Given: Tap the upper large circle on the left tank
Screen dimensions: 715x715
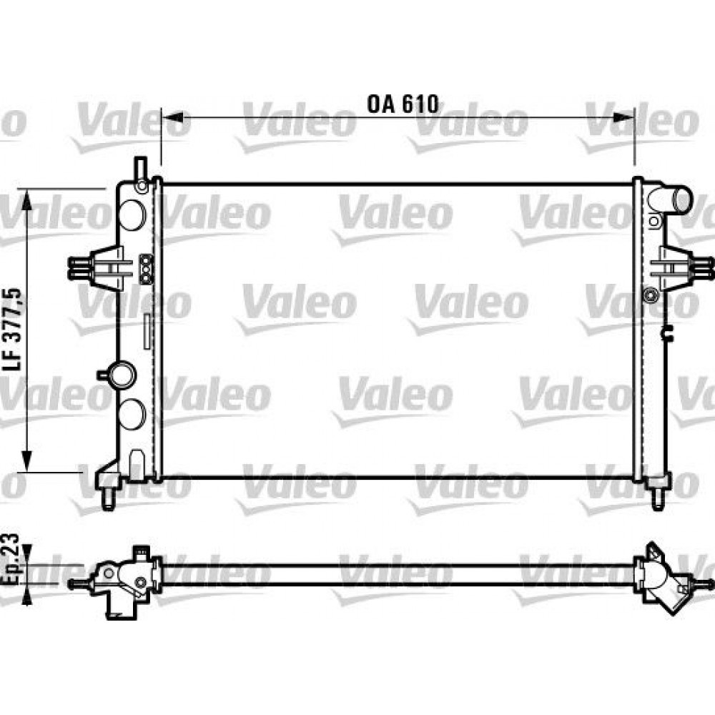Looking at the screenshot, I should [131, 213].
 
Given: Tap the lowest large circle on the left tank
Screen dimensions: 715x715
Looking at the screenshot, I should [131, 413].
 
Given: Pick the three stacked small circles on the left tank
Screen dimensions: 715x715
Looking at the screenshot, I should [146, 269].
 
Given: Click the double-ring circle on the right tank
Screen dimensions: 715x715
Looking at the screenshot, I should [649, 295].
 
